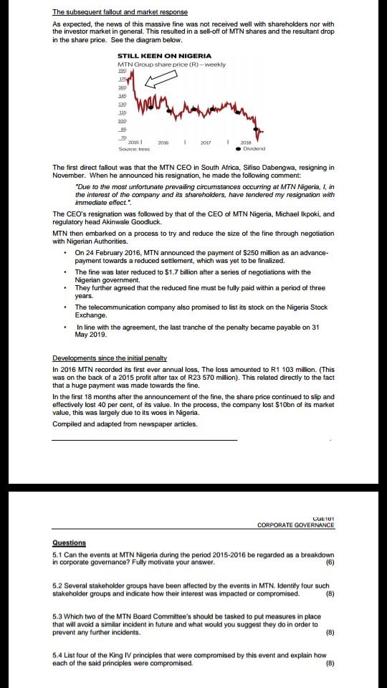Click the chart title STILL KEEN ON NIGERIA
coord(164,55)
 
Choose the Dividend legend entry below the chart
coord(251,148)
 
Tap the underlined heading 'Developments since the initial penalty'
coord(110,358)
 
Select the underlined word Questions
coord(70,543)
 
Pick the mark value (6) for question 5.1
coord(330,563)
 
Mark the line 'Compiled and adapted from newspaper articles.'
coord(125,424)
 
